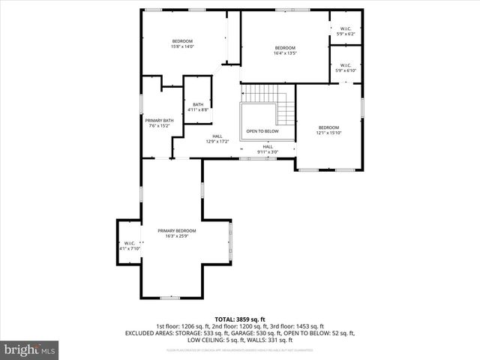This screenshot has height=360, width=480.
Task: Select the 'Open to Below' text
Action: (262, 131)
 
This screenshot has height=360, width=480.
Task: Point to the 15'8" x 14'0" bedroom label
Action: (182, 43)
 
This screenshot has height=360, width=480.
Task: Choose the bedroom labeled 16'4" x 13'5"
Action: (285, 50)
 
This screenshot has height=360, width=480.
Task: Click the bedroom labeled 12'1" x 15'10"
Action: (328, 130)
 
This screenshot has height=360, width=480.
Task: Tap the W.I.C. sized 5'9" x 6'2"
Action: (346, 31)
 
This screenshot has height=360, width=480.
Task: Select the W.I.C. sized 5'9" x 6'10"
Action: (346, 67)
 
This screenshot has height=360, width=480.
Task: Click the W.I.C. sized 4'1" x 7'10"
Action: (129, 245)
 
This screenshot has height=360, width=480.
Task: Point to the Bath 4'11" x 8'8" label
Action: (198, 107)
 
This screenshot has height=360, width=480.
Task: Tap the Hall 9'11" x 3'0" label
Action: (267, 149)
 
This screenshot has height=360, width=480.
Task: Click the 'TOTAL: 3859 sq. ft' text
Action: (240, 319)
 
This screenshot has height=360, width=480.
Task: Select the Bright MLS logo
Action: (30, 349)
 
